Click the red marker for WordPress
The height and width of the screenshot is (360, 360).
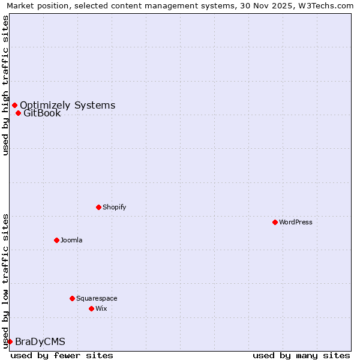pos(275,222)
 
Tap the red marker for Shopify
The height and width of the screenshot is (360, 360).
pos(98,207)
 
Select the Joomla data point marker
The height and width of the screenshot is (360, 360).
pos(56,240)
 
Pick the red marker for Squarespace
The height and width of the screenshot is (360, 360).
pos(72,298)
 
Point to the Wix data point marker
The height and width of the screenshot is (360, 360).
pos(91,308)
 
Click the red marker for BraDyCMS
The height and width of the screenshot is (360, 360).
pos(10,341)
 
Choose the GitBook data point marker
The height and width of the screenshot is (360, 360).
pos(18,113)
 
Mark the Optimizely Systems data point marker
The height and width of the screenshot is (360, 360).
pos(14,106)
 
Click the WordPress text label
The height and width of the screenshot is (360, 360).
pos(296,222)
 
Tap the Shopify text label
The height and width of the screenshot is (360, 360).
pos(115,207)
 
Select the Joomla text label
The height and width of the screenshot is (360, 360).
pos(71,240)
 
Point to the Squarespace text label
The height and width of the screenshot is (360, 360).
pos(97,298)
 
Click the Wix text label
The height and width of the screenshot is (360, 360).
pos(101,308)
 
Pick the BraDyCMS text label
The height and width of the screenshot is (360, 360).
pos(40,341)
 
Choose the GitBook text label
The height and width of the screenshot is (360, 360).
pos(42,113)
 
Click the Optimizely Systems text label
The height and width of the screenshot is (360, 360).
pos(67,106)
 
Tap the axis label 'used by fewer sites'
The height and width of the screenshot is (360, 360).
pos(62,355)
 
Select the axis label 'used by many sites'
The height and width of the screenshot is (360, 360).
pos(301,355)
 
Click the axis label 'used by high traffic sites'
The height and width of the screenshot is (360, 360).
pos(5,85)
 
